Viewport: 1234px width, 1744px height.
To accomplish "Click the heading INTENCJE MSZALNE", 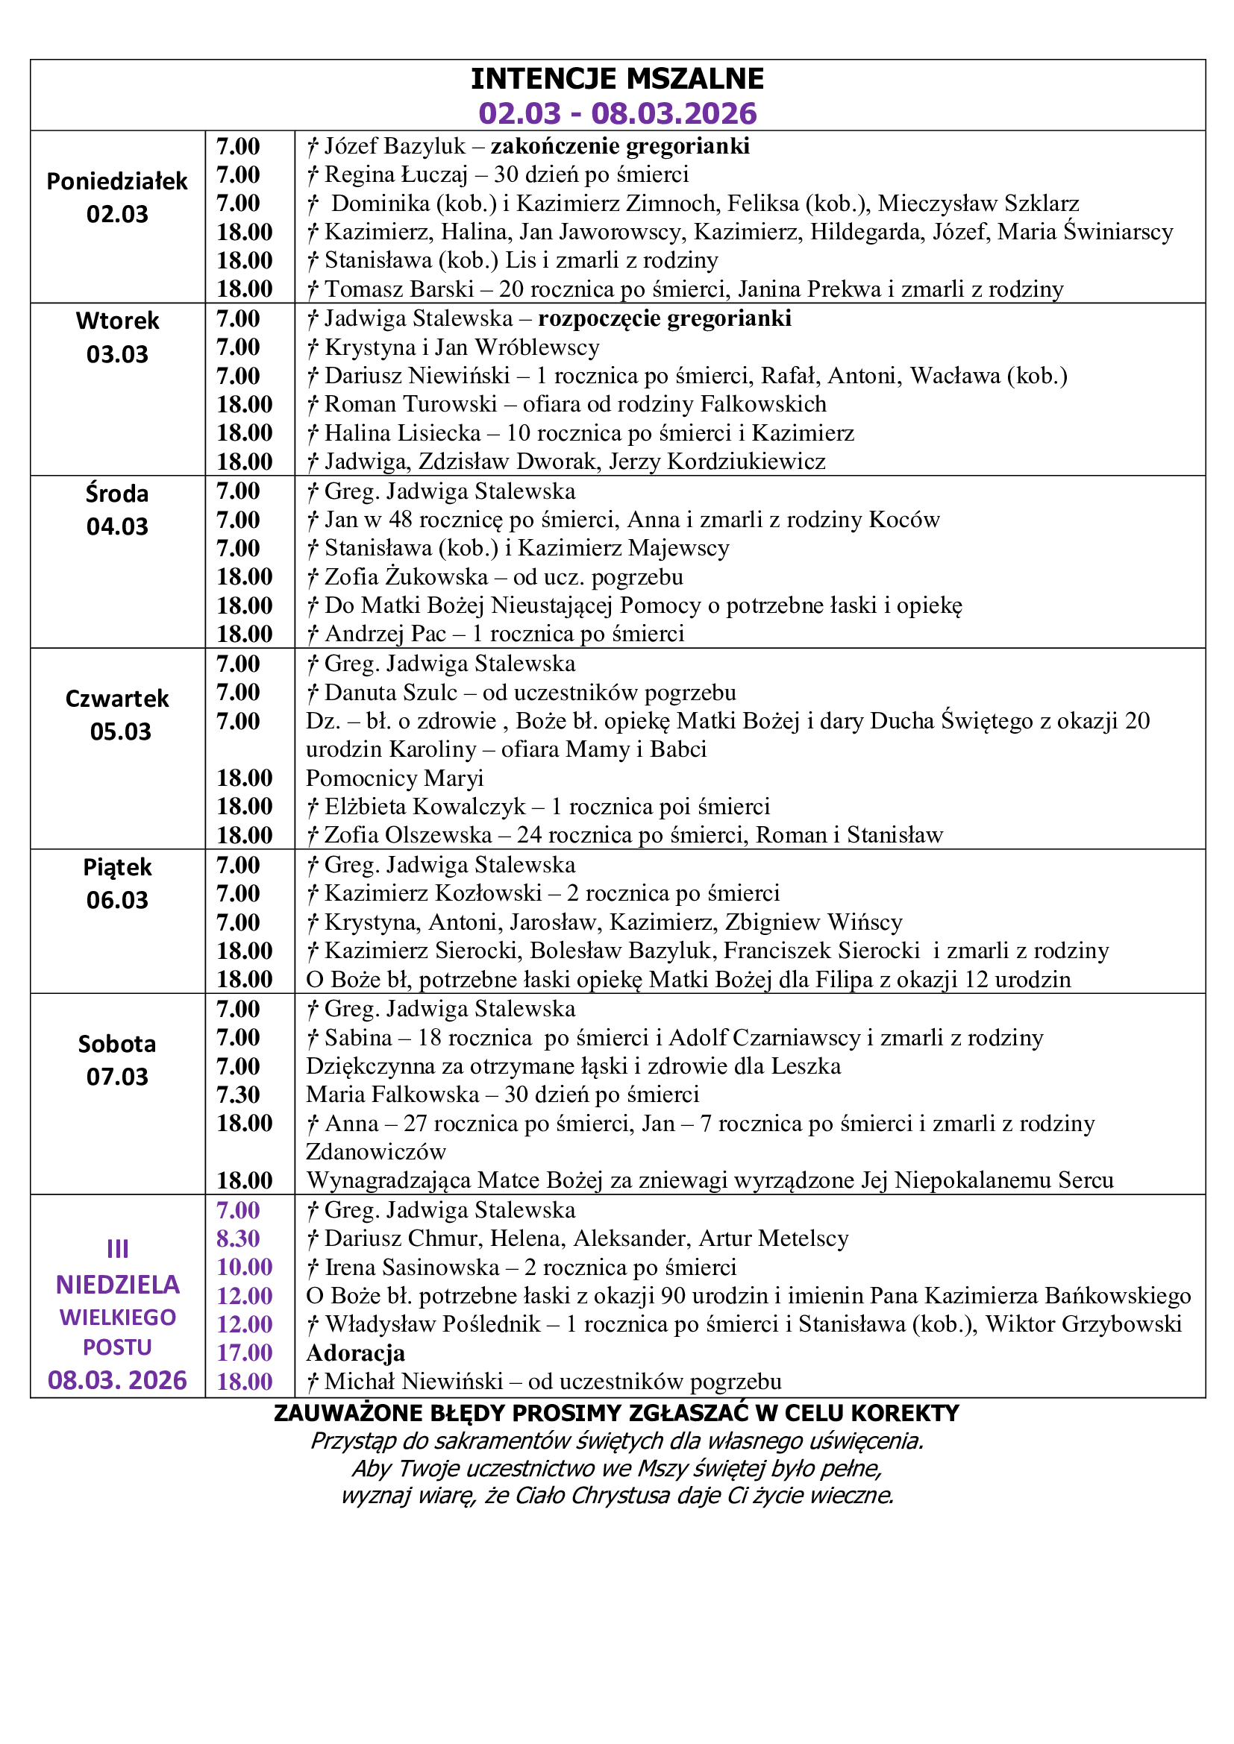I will (x=617, y=79).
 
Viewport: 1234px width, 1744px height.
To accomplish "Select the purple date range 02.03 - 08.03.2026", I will (x=617, y=113).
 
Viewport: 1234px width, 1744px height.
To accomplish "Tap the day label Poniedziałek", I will (x=117, y=181).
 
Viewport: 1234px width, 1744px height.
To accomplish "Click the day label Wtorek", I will (x=117, y=321).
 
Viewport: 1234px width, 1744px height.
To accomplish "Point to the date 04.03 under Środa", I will (x=117, y=526).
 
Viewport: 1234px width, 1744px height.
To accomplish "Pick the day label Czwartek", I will (x=117, y=698).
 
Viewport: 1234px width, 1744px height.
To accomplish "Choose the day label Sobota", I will (x=117, y=1044).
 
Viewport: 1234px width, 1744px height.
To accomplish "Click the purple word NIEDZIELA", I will (x=117, y=1285).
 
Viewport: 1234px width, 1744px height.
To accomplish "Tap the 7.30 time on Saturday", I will (x=238, y=1095).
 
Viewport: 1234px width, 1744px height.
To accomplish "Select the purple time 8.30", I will (x=238, y=1238).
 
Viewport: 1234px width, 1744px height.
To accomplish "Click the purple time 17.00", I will (x=244, y=1353).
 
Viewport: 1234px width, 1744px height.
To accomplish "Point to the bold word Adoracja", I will (x=355, y=1353).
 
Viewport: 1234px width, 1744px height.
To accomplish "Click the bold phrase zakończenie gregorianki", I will (x=619, y=146).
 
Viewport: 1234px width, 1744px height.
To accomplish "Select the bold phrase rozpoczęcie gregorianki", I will (x=664, y=318).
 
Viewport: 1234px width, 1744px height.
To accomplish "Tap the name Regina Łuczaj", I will (x=395, y=174).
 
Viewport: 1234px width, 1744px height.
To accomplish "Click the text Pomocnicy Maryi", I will (x=395, y=778).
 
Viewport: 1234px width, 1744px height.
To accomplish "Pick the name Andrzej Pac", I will (x=385, y=634).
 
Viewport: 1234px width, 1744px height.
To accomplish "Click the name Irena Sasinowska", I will (x=412, y=1267).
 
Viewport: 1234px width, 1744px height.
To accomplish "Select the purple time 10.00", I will (x=244, y=1267).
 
